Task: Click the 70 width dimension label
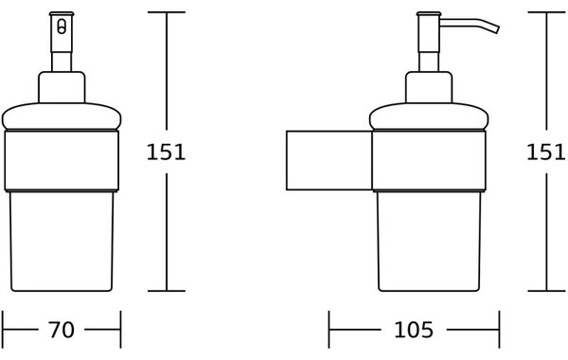pyautogui.click(x=62, y=330)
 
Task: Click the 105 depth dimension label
pyautogui.click(x=414, y=330)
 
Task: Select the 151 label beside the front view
pyautogui.click(x=166, y=152)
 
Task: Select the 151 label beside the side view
pyautogui.click(x=545, y=152)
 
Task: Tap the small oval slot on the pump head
pyautogui.click(x=62, y=27)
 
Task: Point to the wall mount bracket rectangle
pyautogui.click(x=329, y=160)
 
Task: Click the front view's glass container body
pyautogui.click(x=62, y=241)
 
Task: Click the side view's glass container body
pyautogui.click(x=429, y=241)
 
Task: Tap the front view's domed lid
pyautogui.click(x=62, y=116)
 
